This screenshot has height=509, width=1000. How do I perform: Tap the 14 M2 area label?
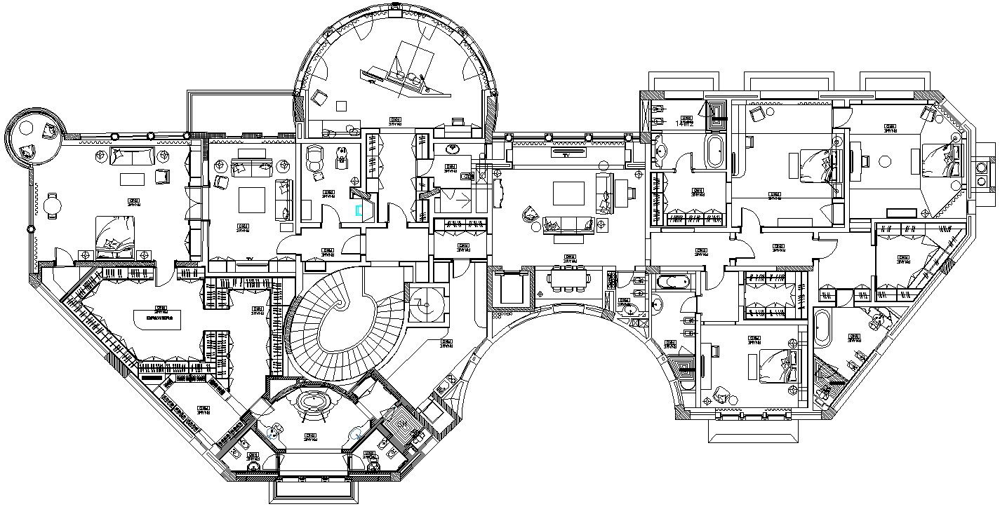(x=685, y=123)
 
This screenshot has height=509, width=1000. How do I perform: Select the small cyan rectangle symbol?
(x=359, y=210)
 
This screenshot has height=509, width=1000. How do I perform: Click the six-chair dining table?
(x=568, y=279)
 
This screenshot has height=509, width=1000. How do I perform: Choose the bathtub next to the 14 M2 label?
(x=714, y=151)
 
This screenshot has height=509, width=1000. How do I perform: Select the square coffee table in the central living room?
(x=568, y=194)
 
